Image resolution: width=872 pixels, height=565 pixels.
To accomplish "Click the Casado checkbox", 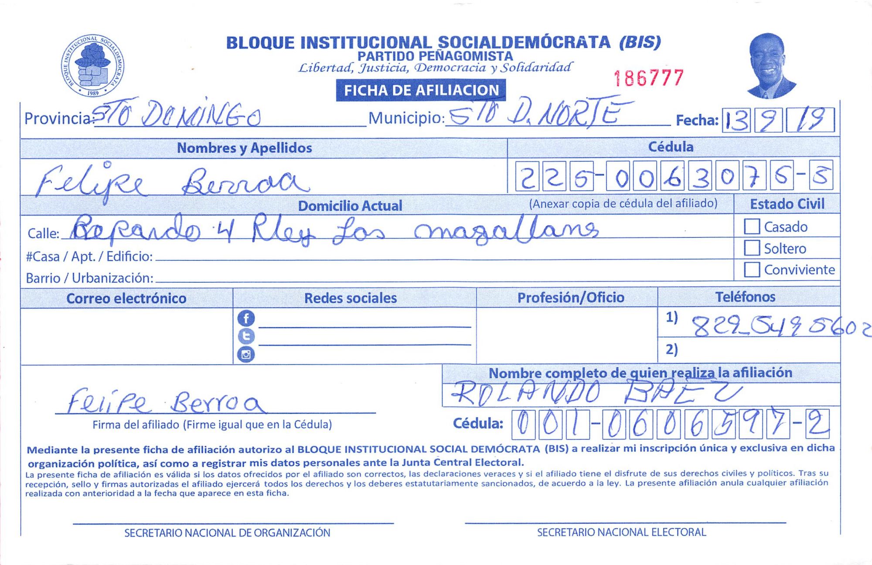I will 752,226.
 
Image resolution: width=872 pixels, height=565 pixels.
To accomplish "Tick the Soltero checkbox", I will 752,248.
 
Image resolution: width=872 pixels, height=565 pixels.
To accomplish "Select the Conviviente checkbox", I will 752,269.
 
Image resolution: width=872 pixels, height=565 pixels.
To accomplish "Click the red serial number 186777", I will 649,78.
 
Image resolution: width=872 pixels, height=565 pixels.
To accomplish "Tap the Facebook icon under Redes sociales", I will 246,318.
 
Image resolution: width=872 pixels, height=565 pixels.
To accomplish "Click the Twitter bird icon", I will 246,336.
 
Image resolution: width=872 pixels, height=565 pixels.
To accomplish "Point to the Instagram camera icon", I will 246,354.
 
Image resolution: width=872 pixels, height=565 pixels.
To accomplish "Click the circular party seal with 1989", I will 92,65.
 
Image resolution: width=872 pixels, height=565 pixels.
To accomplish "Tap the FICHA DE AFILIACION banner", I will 421,90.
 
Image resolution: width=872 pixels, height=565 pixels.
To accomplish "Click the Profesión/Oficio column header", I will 570,298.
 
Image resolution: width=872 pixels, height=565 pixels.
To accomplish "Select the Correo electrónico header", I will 126,298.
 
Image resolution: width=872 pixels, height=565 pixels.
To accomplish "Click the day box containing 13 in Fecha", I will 736,120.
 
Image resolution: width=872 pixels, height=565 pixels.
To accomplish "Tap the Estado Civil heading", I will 787,204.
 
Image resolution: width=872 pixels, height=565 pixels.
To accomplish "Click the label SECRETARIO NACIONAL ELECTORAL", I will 621,532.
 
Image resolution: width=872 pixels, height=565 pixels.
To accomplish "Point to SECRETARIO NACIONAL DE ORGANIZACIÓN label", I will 227,533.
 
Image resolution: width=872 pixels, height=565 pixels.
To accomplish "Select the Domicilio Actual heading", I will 350,206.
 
